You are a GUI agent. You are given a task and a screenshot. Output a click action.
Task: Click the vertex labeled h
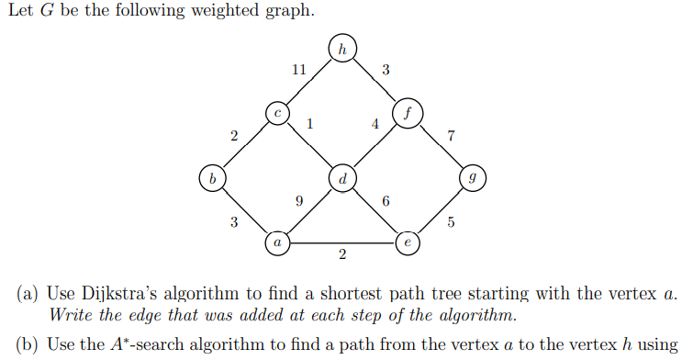click(x=341, y=49)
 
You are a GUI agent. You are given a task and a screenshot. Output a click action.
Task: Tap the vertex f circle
click(x=407, y=113)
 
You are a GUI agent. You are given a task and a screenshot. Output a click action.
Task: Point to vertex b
click(x=212, y=177)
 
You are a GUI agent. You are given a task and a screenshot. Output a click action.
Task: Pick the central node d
click(x=341, y=177)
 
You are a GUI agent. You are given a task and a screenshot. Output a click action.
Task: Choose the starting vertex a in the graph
click(x=276, y=242)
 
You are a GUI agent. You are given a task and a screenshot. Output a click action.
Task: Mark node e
click(x=407, y=242)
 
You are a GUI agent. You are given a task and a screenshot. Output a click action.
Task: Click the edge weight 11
click(x=298, y=70)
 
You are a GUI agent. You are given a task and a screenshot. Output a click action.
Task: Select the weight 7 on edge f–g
click(x=450, y=136)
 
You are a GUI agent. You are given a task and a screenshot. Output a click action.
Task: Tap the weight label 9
click(x=298, y=200)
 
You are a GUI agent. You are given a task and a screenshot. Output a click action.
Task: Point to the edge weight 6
click(x=386, y=200)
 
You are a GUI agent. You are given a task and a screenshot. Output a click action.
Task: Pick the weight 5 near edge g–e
click(x=450, y=221)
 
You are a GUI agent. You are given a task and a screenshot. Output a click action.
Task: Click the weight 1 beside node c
click(x=310, y=124)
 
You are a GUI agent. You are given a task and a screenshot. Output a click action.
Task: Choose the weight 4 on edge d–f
click(x=375, y=124)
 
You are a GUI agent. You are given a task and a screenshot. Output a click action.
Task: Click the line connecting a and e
click(x=341, y=242)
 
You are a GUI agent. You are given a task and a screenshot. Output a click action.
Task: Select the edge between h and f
click(x=374, y=81)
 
